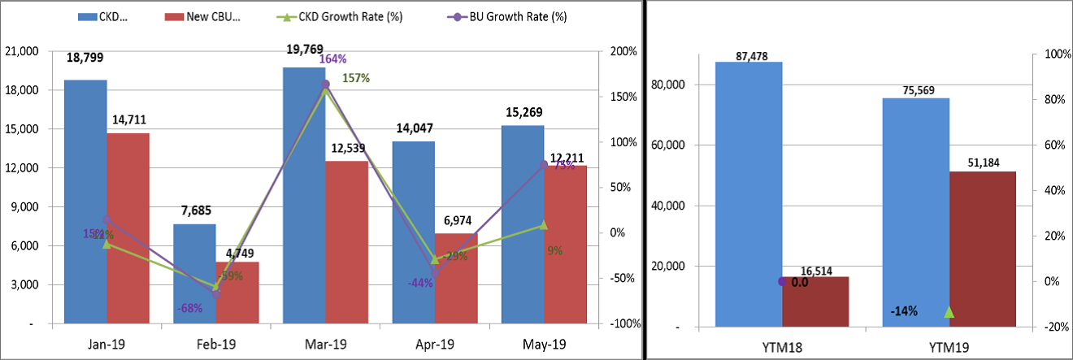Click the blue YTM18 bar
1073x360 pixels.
pos(749,194)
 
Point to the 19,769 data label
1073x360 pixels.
pos(305,50)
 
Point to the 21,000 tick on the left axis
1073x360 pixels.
pos(21,51)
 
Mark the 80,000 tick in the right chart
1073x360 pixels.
pos(670,85)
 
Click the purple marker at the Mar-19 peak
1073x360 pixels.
pos(326,84)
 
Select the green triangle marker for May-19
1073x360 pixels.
pos(544,225)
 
